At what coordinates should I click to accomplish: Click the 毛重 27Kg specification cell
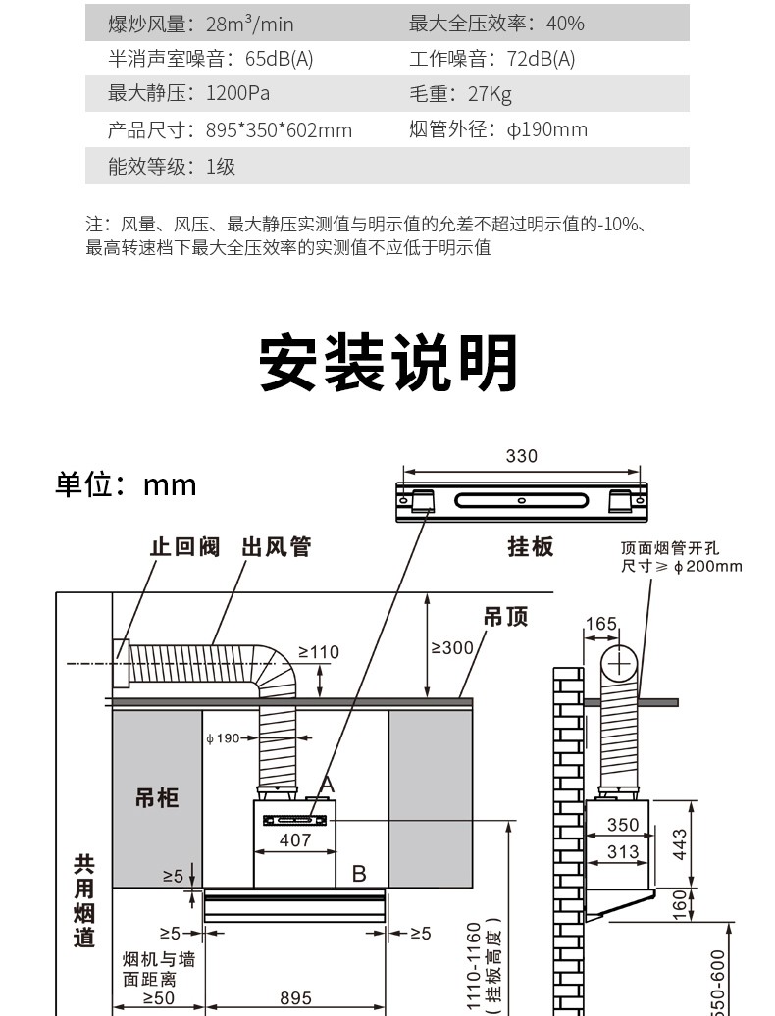click(x=460, y=94)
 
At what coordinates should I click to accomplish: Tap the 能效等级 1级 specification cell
click(x=172, y=166)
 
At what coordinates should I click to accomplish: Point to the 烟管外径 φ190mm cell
click(x=497, y=129)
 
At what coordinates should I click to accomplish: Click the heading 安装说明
click(x=387, y=363)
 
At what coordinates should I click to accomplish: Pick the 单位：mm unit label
click(x=126, y=484)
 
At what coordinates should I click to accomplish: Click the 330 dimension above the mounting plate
click(x=521, y=456)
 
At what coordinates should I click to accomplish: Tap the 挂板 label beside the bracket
click(x=530, y=546)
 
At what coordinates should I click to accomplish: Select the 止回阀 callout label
click(x=184, y=546)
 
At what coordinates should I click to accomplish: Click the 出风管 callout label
click(x=276, y=546)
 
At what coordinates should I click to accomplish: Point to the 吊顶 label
click(x=505, y=617)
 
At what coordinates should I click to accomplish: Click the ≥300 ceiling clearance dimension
click(x=452, y=647)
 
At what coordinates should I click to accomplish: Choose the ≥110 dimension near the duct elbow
click(x=318, y=652)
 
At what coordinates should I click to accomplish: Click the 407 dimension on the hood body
click(x=295, y=839)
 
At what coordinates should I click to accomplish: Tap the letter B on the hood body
click(x=359, y=873)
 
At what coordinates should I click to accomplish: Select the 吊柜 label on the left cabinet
click(x=157, y=798)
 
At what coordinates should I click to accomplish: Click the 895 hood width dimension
click(x=295, y=998)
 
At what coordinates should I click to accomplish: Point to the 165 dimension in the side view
click(x=600, y=624)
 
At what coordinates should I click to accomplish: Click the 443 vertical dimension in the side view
click(x=680, y=843)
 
